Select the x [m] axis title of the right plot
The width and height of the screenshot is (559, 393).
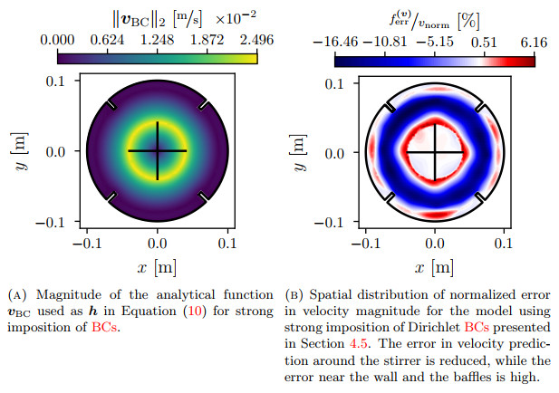435,269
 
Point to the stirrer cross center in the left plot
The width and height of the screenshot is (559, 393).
158,150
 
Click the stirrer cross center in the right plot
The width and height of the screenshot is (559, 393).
435,152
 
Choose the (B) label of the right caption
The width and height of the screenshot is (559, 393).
294,294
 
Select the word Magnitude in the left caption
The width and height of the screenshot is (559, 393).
63,294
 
